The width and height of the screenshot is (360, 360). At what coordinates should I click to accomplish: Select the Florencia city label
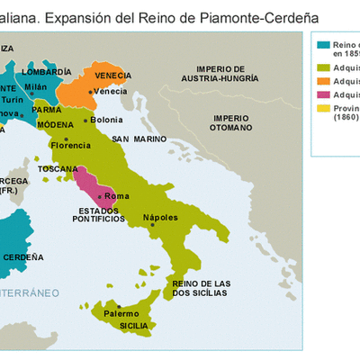point(70,145)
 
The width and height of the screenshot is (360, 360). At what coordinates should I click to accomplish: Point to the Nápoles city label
point(160,218)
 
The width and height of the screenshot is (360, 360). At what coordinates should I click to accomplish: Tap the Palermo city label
point(121,312)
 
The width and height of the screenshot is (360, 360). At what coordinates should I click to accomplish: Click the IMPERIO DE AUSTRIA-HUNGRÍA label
point(222,74)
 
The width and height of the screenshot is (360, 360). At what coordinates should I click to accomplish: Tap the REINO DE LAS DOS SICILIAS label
point(200,290)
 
